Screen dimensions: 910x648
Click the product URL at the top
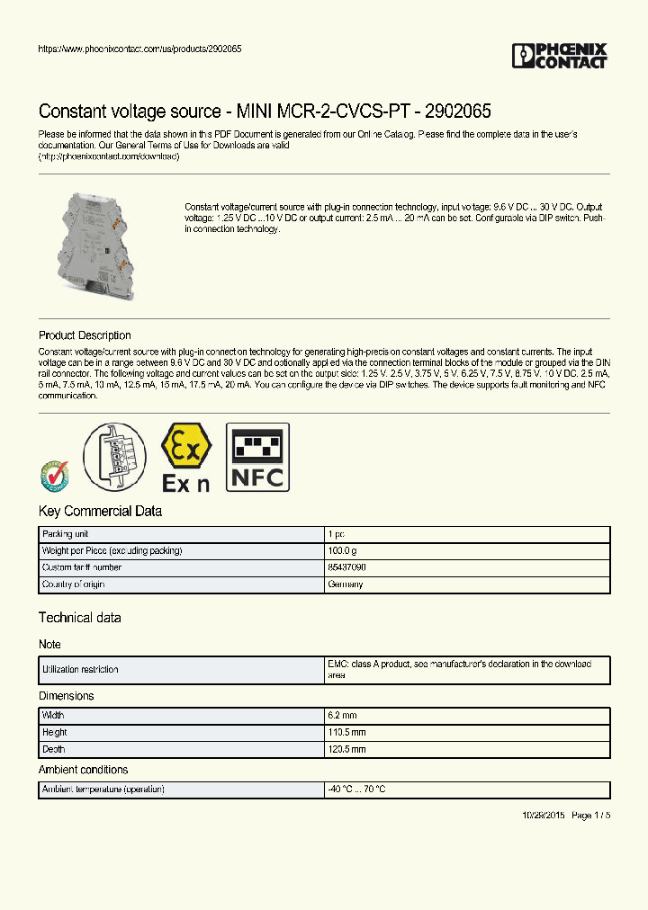click(x=139, y=49)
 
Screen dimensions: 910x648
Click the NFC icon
click(x=256, y=458)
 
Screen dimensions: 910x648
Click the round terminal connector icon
click(x=115, y=457)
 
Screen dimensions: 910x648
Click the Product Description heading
click(x=85, y=335)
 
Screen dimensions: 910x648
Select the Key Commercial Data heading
click(x=100, y=511)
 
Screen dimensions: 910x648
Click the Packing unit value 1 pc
click(x=336, y=534)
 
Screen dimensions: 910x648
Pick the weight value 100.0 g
click(x=343, y=550)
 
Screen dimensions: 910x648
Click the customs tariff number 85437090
click(x=347, y=567)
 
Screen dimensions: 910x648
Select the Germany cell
click(x=346, y=584)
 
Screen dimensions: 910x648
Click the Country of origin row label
click(x=74, y=584)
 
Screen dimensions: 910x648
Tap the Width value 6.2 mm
click(x=342, y=715)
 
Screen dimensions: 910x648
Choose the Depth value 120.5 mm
click(x=346, y=749)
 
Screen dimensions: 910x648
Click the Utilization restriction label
click(x=80, y=670)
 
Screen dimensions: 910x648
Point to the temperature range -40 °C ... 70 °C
click(x=357, y=790)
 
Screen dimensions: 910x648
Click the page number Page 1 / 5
click(x=590, y=815)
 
